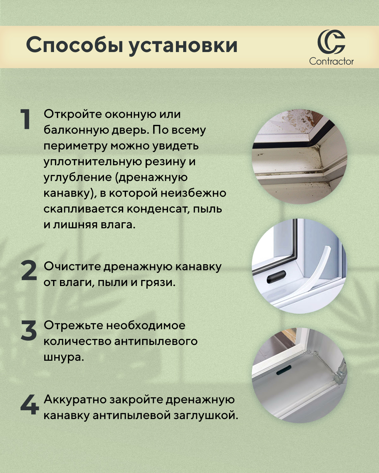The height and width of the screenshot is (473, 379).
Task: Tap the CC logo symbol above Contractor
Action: [331, 42]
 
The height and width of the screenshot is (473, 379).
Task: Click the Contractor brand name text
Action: [331, 61]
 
